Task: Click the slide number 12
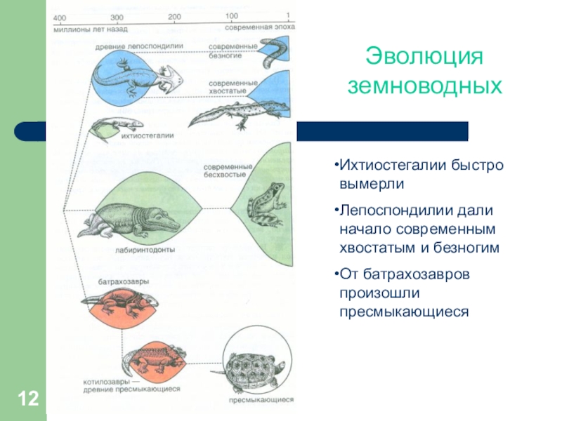(28, 401)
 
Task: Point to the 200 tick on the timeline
(174, 17)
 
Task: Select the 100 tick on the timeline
(231, 17)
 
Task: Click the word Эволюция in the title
(426, 56)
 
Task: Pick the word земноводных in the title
(426, 86)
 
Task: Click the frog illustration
(265, 203)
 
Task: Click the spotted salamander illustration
(235, 113)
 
